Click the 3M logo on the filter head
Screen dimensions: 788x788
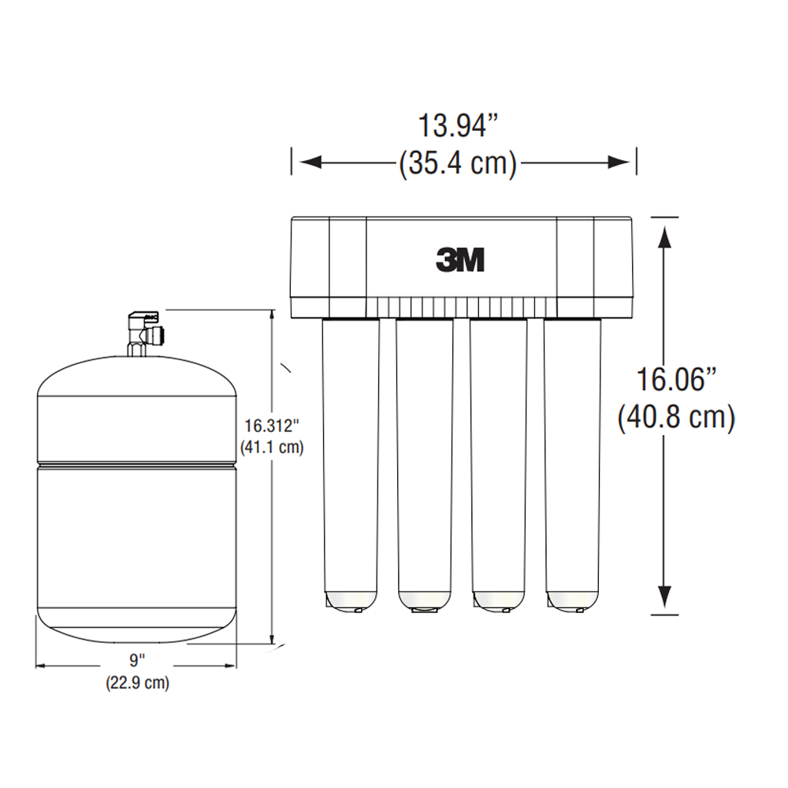tap(460, 259)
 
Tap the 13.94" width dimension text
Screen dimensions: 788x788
tap(459, 125)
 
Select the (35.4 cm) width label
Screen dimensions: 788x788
tap(458, 163)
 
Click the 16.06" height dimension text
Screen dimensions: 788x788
tap(675, 379)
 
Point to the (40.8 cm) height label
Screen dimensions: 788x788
tap(675, 417)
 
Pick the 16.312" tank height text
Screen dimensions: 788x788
tap(270, 426)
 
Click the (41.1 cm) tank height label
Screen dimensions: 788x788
tap(271, 447)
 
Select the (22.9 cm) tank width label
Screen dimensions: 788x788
tap(137, 683)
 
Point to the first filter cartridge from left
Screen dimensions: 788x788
tap(351, 465)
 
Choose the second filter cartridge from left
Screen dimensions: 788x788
tap(425, 465)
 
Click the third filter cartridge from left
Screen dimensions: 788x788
tap(498, 465)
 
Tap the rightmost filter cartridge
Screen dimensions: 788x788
tap(572, 465)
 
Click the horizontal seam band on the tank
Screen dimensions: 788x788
tap(137, 463)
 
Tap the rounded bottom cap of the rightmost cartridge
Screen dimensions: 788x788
tap(572, 600)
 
